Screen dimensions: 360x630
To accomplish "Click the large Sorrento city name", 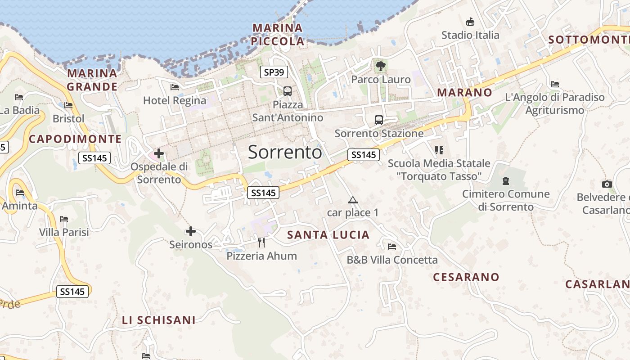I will pos(285,152).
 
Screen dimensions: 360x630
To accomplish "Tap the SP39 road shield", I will pos(274,72).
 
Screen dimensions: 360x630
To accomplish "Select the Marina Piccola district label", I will pos(278,35).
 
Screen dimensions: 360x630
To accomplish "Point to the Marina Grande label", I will pos(92,80).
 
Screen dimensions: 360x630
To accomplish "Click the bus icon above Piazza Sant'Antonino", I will pos(288,91).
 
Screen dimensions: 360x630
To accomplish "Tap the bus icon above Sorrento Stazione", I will pos(379,120).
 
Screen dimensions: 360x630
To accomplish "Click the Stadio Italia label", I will pos(470,35).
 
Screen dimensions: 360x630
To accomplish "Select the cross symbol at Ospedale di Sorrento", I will pos(159,153).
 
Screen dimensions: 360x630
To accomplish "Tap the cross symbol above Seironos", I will pos(191,231).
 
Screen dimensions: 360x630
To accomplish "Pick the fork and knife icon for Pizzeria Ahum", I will pos(261,243).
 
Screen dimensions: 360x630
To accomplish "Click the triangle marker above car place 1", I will pos(353,200).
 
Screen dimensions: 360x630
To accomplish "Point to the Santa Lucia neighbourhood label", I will pos(328,234).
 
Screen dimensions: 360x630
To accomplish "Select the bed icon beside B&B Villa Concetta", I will pos(392,247).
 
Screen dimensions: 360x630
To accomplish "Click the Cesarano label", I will pos(466,277).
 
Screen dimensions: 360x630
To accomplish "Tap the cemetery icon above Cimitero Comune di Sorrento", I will pos(506,181).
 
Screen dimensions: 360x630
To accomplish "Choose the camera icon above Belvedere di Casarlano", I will pos(607,184).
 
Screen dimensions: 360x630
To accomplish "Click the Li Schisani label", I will pos(159,320).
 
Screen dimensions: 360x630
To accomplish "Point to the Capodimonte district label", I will pos(75,139).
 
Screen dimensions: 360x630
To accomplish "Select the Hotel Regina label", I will pos(175,100).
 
